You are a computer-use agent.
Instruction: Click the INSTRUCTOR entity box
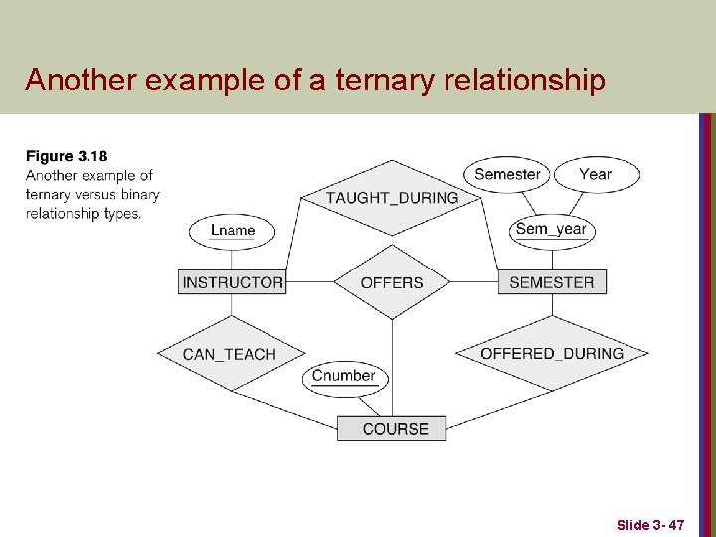(233, 282)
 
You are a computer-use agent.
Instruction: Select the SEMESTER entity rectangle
(551, 282)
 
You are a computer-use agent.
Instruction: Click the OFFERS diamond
(392, 282)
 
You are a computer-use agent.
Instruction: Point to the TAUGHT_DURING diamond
(392, 197)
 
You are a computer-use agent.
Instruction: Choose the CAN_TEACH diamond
(230, 354)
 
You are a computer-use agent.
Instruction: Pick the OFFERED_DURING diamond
(552, 353)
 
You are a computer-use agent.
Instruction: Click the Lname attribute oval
(233, 230)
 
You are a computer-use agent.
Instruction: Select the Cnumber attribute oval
(344, 376)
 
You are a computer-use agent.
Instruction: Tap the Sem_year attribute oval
(551, 229)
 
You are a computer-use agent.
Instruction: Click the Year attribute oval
(595, 174)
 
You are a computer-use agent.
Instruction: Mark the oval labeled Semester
(507, 174)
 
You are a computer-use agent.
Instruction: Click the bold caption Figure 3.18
(67, 156)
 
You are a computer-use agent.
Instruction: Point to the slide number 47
(675, 524)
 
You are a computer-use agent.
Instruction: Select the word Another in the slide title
(83, 80)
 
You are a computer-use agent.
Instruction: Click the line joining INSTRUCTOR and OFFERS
(309, 282)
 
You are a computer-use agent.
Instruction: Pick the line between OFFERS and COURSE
(392, 368)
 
